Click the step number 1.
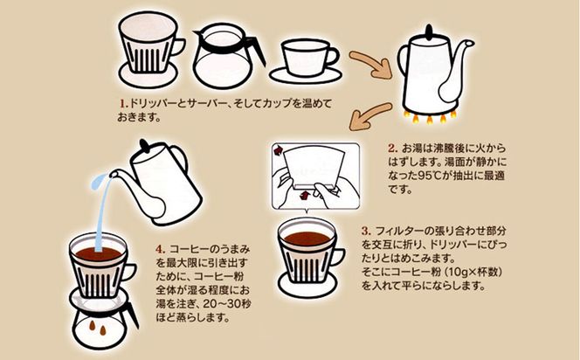[x=123, y=102]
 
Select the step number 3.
[x=366, y=231]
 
